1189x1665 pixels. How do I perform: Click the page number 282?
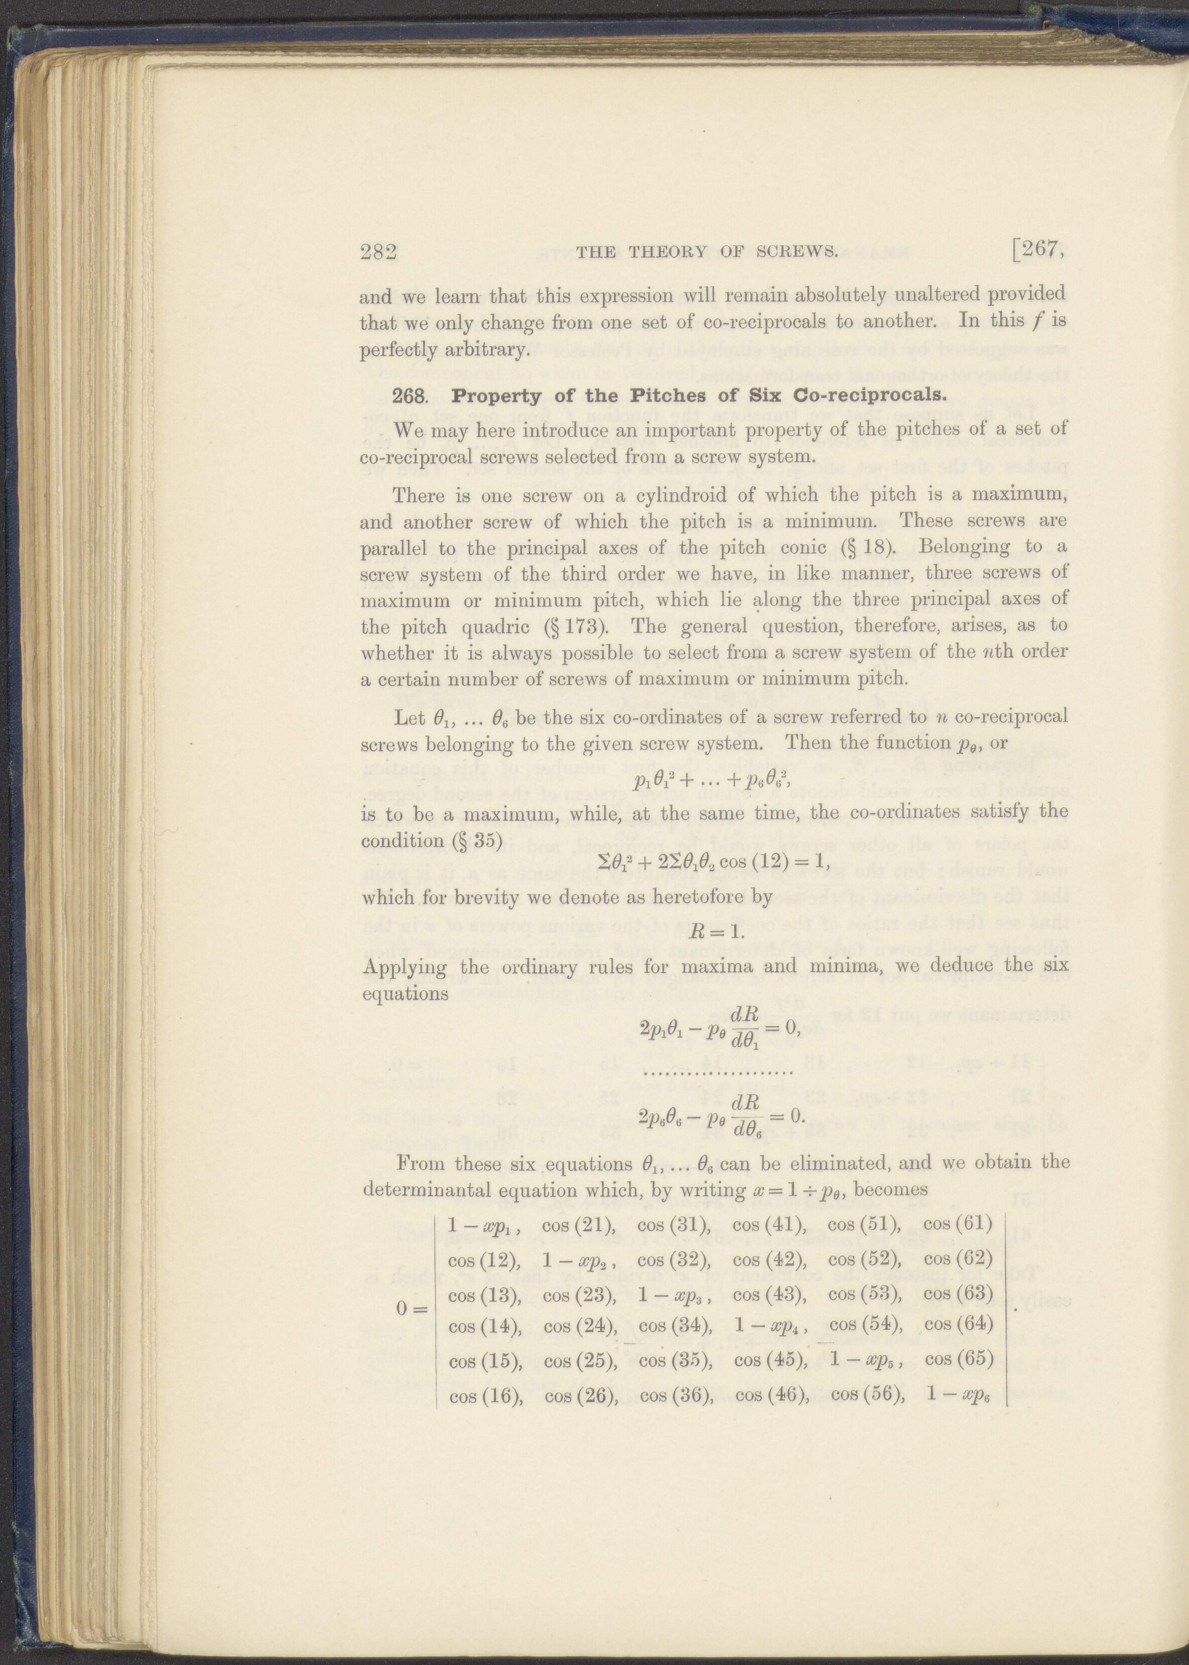click(x=378, y=252)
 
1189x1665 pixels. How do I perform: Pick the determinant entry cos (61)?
click(x=958, y=1223)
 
